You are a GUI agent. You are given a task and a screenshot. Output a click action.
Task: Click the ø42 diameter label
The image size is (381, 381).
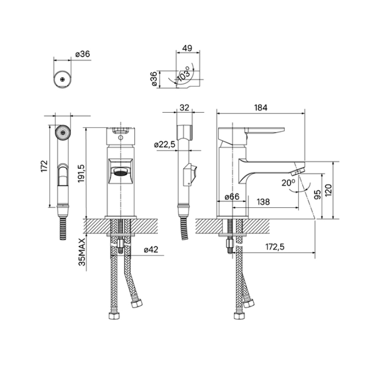tap(150, 250)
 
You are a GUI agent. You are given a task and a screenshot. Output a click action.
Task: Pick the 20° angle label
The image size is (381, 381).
tap(288, 182)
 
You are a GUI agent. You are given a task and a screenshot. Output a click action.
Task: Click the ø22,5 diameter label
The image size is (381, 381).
tap(165, 144)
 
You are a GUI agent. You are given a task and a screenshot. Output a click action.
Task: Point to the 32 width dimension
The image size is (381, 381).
tap(184, 107)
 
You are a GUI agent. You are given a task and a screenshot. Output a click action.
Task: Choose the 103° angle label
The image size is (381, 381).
tap(184, 73)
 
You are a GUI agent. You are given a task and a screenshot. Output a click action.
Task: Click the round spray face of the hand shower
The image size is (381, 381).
tap(62, 132)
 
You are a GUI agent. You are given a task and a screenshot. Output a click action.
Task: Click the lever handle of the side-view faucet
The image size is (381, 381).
tap(263, 131)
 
